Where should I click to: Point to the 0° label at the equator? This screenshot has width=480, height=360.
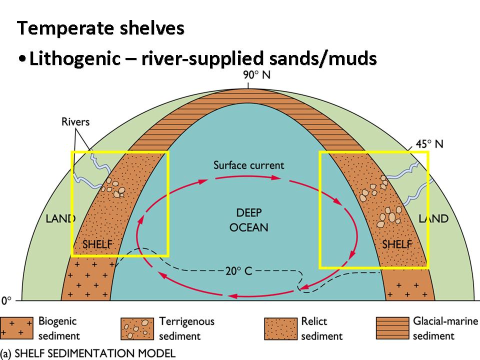[x=6, y=301]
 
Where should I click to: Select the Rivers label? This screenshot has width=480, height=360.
[x=75, y=121]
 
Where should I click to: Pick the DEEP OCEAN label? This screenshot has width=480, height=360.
[x=248, y=220]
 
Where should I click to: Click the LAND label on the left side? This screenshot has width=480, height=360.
[x=60, y=218]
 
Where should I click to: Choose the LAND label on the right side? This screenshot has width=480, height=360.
[x=433, y=218]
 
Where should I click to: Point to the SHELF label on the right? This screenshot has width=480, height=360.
[x=396, y=244]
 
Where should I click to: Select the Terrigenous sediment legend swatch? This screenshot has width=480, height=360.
[x=137, y=327]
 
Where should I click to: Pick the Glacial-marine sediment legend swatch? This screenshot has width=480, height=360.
[x=391, y=327]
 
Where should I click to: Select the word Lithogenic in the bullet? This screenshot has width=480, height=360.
[x=74, y=58]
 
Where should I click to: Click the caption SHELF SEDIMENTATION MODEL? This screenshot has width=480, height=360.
[x=94, y=353]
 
